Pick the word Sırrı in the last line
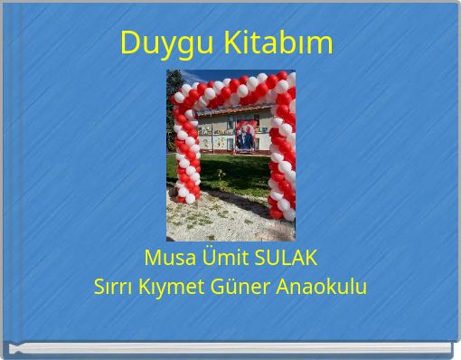114,288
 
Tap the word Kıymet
175,288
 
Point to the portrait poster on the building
244,136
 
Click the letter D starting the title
128,42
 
